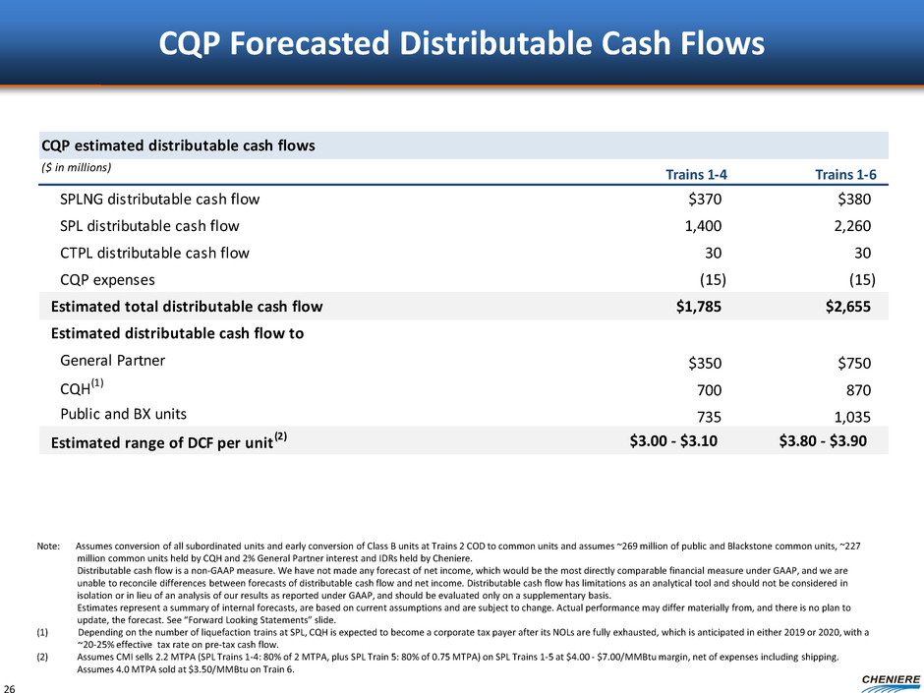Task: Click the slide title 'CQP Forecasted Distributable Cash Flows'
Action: pyautogui.click(x=462, y=43)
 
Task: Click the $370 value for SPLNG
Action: pyautogui.click(x=706, y=200)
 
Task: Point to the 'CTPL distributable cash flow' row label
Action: pyautogui.click(x=155, y=253)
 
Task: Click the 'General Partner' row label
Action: pyautogui.click(x=113, y=360)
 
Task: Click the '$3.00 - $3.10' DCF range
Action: pyautogui.click(x=673, y=440)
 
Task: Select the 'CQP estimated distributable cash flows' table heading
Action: pyautogui.click(x=178, y=145)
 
